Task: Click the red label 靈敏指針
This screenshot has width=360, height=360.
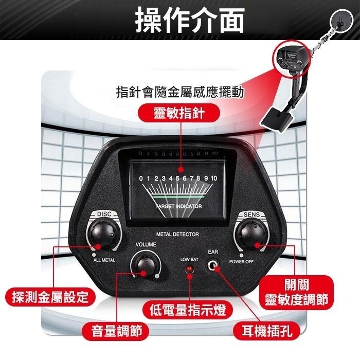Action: click(179, 113)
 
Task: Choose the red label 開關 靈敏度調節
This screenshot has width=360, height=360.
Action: click(297, 292)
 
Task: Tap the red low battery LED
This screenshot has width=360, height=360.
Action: click(189, 268)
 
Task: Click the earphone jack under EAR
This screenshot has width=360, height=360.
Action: click(212, 266)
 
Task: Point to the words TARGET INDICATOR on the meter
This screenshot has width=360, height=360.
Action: click(178, 206)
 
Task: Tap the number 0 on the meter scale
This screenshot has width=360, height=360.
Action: click(141, 178)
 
